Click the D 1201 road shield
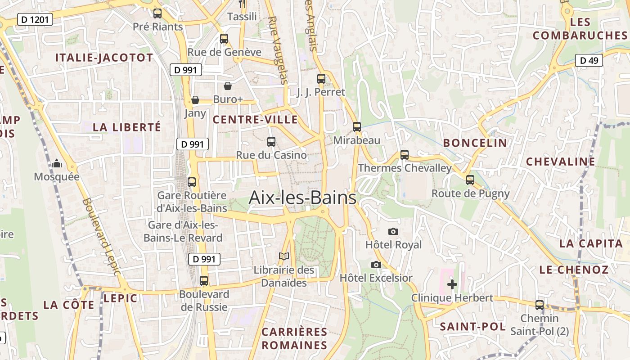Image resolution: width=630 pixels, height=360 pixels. [x=35, y=19]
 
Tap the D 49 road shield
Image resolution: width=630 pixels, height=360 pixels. [x=589, y=60]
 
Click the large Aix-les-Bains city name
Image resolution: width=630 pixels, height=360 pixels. [x=302, y=198]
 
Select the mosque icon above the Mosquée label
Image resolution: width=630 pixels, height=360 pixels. [x=57, y=164]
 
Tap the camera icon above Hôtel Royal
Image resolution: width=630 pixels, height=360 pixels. [x=393, y=231]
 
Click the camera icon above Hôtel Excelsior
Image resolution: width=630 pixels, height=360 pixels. [x=376, y=265]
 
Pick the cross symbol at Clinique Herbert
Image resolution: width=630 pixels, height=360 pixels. [x=452, y=284]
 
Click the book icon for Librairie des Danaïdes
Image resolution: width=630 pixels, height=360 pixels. [x=284, y=256]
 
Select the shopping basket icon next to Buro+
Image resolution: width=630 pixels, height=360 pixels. [x=228, y=86]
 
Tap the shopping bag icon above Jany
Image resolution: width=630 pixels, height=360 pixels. [x=195, y=99]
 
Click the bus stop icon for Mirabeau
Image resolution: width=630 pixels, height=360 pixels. [x=357, y=127]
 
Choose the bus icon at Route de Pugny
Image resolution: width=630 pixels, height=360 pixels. [x=470, y=180]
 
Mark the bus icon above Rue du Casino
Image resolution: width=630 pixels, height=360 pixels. [x=271, y=142]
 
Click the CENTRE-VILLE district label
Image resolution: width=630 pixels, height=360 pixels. [x=255, y=120]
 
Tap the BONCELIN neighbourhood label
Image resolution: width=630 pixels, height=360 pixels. [x=475, y=143]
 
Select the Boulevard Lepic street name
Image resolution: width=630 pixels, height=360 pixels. [x=102, y=236]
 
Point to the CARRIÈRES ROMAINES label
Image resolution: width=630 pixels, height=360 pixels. [x=294, y=338]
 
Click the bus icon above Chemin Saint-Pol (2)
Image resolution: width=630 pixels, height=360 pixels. [x=540, y=305]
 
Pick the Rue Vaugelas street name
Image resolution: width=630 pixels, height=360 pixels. [x=277, y=50]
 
